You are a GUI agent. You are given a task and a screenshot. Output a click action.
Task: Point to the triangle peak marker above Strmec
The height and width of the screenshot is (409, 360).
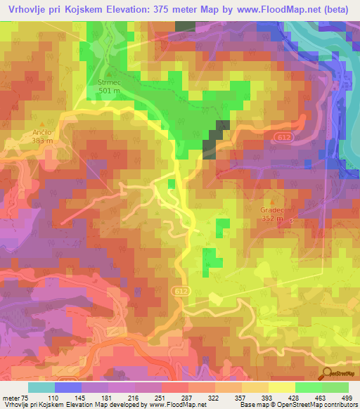point(109,72)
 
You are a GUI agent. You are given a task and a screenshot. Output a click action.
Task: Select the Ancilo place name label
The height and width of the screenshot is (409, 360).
point(41,131)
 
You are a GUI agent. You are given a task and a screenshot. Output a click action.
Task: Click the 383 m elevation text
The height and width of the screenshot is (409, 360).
point(41,140)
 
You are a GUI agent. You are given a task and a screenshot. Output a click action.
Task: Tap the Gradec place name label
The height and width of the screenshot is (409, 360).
point(271,209)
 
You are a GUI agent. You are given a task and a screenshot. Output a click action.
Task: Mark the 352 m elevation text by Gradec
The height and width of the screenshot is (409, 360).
point(269,219)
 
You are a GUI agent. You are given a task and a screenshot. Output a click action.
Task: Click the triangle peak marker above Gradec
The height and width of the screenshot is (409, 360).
point(271,200)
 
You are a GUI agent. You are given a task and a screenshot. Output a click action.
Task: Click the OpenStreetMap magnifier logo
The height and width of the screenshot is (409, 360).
point(325,375)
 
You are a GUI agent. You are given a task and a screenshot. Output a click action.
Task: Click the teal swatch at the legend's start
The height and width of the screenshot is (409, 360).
point(41,387)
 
